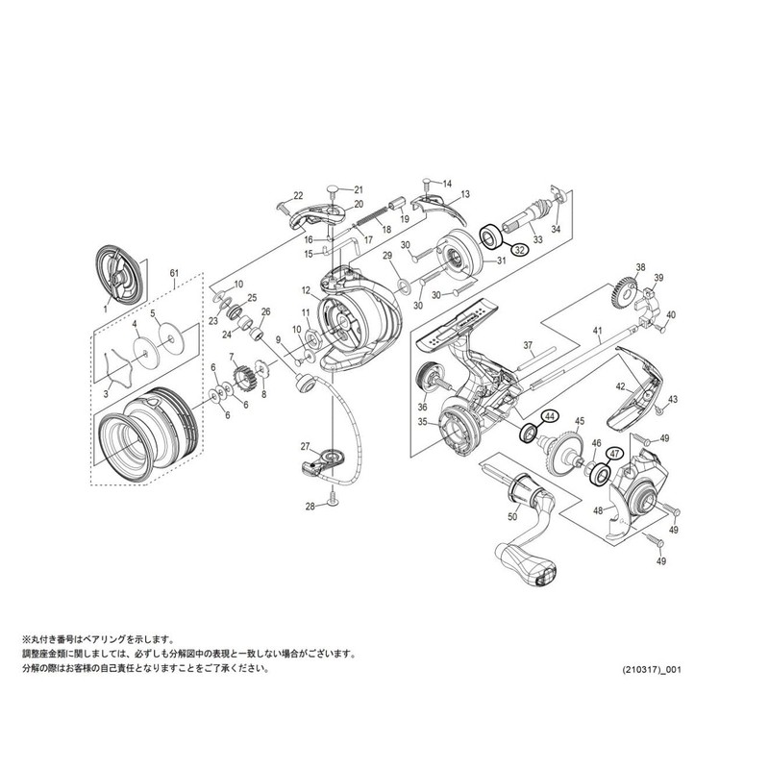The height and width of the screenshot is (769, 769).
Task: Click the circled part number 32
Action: [519, 250]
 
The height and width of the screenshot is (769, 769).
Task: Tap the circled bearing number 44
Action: [550, 416]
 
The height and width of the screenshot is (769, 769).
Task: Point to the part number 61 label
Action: [174, 273]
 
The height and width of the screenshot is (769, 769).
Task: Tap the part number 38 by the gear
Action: [639, 267]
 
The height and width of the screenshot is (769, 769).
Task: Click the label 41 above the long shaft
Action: [597, 332]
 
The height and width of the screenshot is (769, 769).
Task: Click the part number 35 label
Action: [422, 421]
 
